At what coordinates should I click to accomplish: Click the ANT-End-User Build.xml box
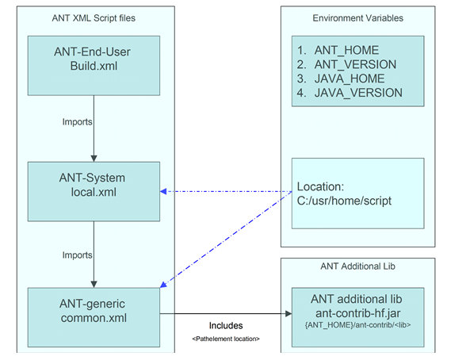coord(94,66)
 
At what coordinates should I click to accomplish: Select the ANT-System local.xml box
coord(94,191)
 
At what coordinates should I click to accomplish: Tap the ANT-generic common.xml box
coord(94,317)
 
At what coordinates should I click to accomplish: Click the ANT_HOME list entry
coord(338,50)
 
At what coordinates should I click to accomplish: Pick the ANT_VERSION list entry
coord(346,64)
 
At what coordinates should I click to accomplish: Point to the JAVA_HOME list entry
coord(341,79)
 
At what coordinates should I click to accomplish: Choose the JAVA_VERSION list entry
coord(349,93)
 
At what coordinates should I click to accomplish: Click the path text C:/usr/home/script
coord(344,201)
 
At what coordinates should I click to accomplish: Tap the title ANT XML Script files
coord(94,18)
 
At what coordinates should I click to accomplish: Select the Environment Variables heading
coord(358,18)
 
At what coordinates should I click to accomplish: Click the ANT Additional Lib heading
coord(358,266)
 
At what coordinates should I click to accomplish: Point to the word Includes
coord(226,326)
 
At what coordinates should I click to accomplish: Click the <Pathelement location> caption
coord(226,339)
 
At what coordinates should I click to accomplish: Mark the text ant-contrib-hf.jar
coord(358,313)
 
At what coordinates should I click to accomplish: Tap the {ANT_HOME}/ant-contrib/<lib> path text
coord(358,325)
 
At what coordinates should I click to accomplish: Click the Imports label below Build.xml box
coord(78,122)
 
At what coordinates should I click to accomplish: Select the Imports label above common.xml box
coord(78,255)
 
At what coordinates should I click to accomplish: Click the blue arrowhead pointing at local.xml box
coord(163,191)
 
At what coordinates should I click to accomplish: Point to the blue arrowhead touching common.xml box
coord(163,285)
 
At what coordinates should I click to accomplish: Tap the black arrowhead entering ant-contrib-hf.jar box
coord(288,314)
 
